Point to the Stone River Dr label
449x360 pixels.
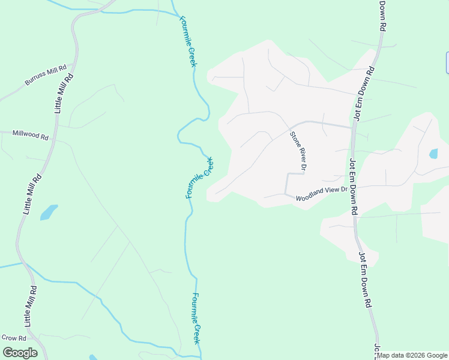coord(298,149)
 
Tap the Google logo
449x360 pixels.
coord(20,352)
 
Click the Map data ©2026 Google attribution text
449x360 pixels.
coord(412,355)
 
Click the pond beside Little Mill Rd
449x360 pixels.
coord(49,212)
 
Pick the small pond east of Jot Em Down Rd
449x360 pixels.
coord(433,154)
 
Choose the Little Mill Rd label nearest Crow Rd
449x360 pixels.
coord(31,307)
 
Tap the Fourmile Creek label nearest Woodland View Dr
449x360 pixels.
coord(199,178)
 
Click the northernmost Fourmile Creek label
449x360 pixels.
coord(188,41)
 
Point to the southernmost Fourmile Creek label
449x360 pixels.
coord(196,318)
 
